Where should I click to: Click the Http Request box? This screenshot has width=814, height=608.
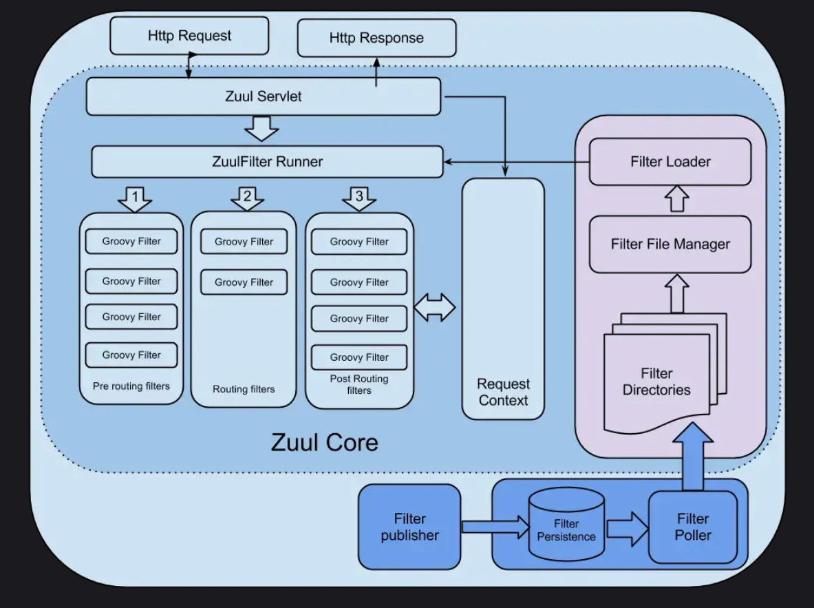point(189,36)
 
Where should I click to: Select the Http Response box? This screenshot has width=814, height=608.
point(376,38)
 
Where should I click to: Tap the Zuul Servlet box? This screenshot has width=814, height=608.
point(263,96)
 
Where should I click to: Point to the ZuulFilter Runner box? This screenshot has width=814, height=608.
point(267,162)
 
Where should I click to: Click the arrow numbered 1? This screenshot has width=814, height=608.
point(135,199)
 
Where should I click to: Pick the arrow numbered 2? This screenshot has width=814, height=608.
point(247,198)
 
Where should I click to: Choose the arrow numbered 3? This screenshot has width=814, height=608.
point(358,198)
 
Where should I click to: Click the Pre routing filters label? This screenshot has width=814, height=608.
point(131,386)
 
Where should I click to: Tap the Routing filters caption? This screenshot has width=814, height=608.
point(244,389)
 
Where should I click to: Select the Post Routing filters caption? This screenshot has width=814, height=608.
point(359,384)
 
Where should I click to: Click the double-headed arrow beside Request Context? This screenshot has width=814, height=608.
point(435,307)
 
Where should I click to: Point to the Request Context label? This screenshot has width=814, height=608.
point(503,392)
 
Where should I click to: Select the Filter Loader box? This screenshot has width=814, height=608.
point(670,162)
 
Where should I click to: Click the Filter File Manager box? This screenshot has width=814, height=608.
point(670,244)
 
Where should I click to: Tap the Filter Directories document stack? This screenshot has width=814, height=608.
point(658,381)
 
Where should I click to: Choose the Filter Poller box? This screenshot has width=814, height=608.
point(693,527)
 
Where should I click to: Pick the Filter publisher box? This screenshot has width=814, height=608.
point(410,527)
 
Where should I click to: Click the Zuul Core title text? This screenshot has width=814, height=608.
point(325,441)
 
